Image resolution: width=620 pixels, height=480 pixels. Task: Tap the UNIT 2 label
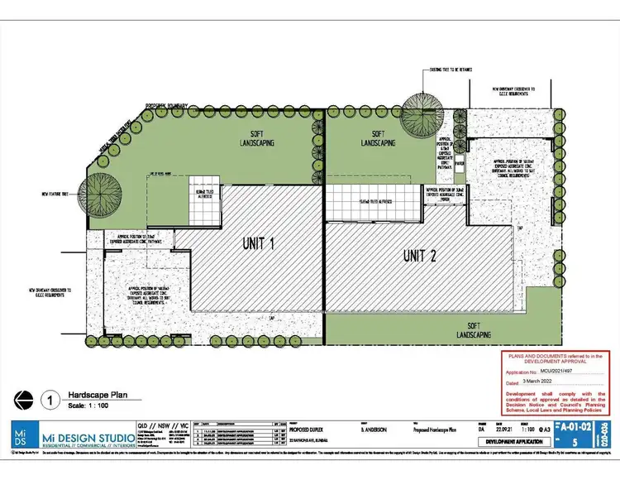419,256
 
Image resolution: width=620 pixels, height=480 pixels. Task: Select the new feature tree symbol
103,195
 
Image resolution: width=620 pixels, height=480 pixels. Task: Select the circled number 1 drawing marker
52,401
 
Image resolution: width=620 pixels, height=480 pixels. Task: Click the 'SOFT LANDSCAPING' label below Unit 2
474,329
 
